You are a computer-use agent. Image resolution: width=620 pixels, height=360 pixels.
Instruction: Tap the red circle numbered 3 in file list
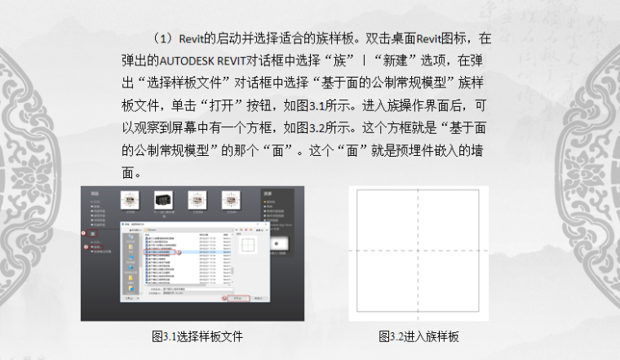(179, 253)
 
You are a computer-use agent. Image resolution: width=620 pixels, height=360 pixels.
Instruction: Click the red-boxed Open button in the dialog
(241, 299)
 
